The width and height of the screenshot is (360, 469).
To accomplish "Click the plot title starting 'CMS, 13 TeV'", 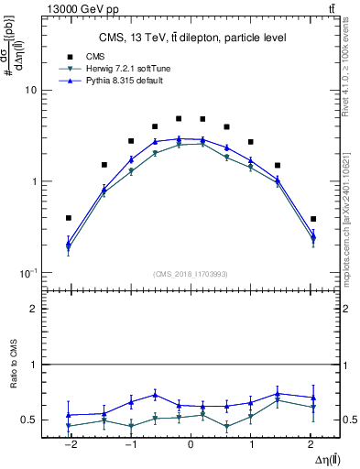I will click(192, 38).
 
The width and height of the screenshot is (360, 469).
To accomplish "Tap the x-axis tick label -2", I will click(68, 444).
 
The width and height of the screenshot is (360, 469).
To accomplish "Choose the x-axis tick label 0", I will click(190, 444).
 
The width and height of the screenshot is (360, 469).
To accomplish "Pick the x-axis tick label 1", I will click(251, 444).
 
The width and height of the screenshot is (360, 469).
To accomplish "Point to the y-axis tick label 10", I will click(30, 91).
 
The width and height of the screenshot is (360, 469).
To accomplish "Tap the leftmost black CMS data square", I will click(69, 218).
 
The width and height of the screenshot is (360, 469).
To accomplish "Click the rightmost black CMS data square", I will click(313, 219).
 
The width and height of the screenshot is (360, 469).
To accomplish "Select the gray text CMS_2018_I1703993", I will click(191, 274).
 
